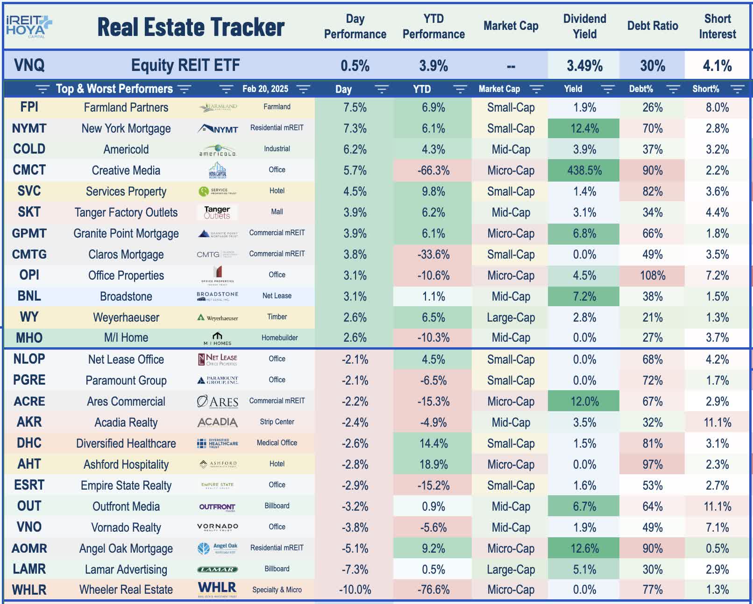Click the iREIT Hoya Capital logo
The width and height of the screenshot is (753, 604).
[x=29, y=26]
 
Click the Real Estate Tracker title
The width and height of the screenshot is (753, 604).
[x=191, y=27]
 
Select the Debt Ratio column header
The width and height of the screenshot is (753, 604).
[x=652, y=26]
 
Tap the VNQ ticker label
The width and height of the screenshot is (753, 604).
[x=29, y=65]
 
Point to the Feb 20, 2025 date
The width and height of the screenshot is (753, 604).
[x=265, y=89]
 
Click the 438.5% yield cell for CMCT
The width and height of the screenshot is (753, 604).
[x=584, y=170]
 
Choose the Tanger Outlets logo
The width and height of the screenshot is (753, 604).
[x=217, y=212]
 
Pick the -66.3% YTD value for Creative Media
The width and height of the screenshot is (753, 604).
[x=433, y=170]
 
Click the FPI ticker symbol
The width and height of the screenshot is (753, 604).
[x=29, y=107]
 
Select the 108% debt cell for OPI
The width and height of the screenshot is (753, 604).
[x=652, y=275]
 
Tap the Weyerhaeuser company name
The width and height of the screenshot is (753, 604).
[x=126, y=317]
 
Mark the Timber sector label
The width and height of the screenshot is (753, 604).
[x=277, y=317]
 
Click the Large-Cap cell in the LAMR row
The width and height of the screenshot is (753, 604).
[x=511, y=569]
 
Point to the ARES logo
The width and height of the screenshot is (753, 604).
[x=218, y=401]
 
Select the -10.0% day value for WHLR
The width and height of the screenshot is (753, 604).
[x=355, y=590]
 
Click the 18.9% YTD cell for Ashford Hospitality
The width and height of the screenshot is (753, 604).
[x=433, y=464]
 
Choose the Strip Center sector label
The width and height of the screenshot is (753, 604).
[x=277, y=422]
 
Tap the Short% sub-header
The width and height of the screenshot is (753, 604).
[x=705, y=89]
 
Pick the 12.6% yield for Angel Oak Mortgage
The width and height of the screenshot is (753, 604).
[x=584, y=548]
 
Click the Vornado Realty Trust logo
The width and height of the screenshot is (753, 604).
[x=218, y=527]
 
